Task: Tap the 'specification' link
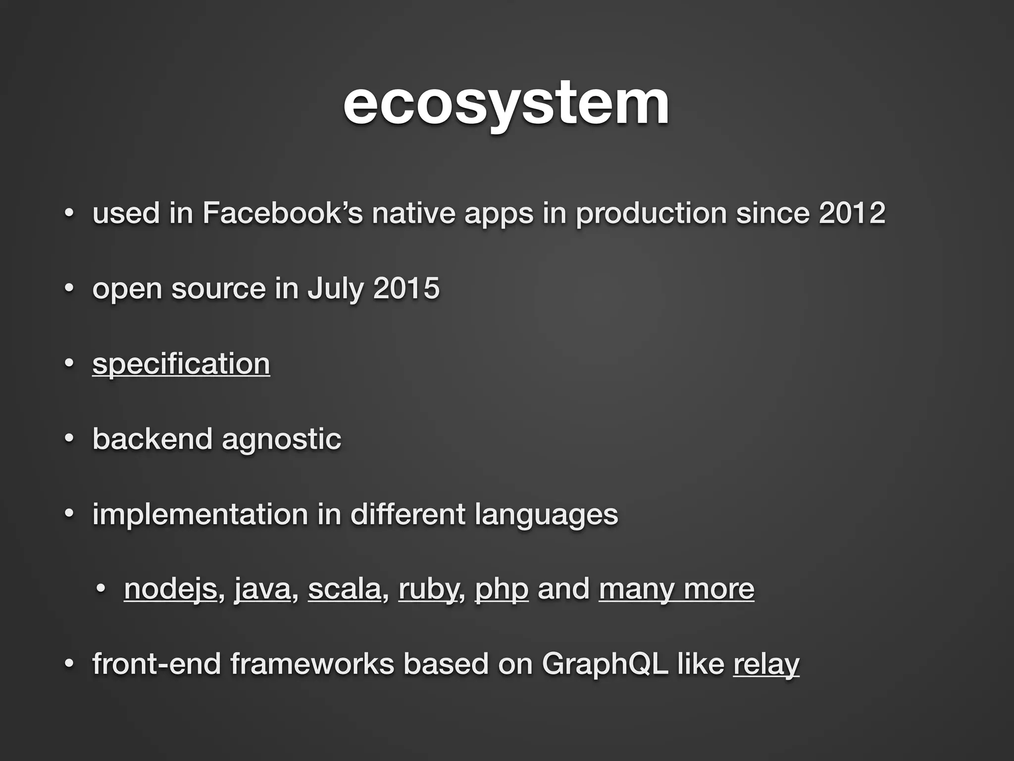tap(181, 364)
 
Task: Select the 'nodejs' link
tap(170, 589)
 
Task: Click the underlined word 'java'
tap(262, 589)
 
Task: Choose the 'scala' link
tap(345, 589)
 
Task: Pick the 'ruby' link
tap(429, 589)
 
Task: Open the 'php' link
tap(502, 589)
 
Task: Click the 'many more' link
tap(676, 589)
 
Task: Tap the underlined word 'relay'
tap(766, 664)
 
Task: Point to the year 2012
tap(852, 213)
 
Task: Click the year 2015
tap(406, 288)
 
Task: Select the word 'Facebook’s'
tap(282, 213)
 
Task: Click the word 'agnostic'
tap(281, 439)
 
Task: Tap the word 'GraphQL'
tap(605, 664)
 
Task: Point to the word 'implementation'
tap(200, 514)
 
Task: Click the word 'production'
tap(651, 213)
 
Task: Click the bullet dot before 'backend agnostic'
tap(69, 438)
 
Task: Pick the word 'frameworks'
tap(312, 664)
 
